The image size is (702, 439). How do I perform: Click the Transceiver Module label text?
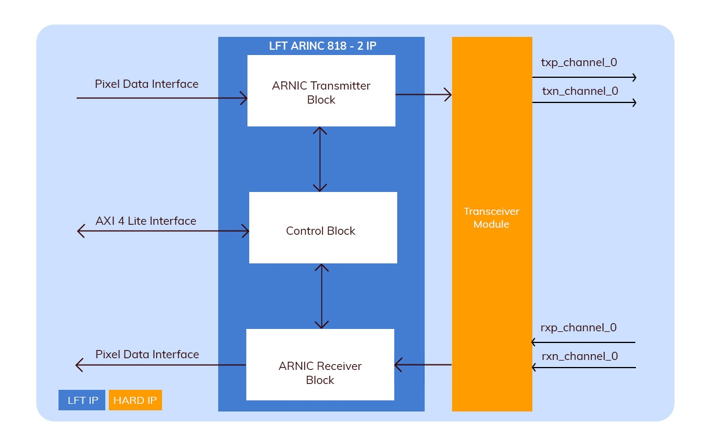coord(491,218)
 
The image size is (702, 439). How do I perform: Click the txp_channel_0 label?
coord(579,63)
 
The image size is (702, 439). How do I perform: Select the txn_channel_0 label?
coord(580,91)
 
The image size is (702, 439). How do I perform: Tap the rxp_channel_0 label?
coord(579,328)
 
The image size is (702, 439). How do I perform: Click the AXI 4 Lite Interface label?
coord(146,221)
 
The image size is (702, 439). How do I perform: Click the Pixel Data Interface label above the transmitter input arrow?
coord(146,84)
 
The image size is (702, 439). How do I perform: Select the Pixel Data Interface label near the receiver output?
coord(147,355)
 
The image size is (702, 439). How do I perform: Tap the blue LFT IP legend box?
coord(82,400)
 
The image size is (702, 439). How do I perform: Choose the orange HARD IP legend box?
coord(135,400)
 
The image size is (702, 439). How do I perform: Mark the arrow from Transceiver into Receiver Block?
coord(422,365)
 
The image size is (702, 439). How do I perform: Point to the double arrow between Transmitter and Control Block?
coord(320,159)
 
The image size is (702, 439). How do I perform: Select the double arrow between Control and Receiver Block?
coord(321,296)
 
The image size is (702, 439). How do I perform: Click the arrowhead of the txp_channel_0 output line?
coord(633,77)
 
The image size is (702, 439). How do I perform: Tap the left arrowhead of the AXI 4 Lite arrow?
coord(81,232)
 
